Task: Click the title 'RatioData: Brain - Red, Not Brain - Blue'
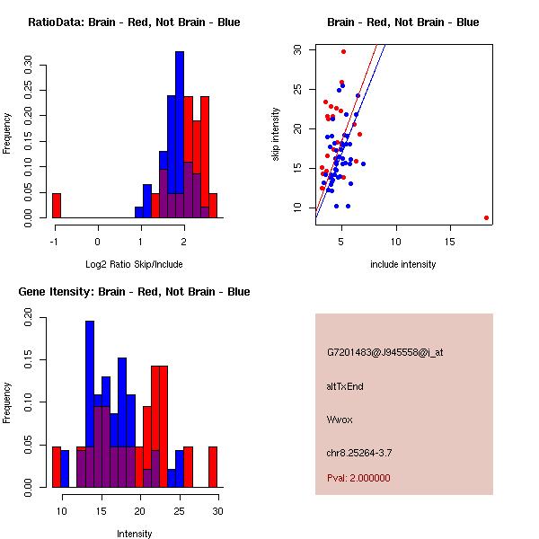pyautogui.click(x=134, y=22)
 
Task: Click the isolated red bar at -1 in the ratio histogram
pyautogui.click(x=57, y=206)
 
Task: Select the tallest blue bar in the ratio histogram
pyautogui.click(x=180, y=135)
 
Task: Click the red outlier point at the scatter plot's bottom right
pyautogui.click(x=486, y=217)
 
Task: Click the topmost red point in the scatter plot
pyautogui.click(x=343, y=51)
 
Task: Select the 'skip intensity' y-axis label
pyautogui.click(x=276, y=135)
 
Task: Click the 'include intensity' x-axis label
pyautogui.click(x=403, y=264)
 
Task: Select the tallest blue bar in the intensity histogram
pyautogui.click(x=90, y=403)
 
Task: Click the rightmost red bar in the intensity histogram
pyautogui.click(x=214, y=466)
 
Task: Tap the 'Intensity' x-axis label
pyautogui.click(x=134, y=534)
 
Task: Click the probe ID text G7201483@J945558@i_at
pyautogui.click(x=385, y=352)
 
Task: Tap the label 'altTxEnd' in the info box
pyautogui.click(x=345, y=386)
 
